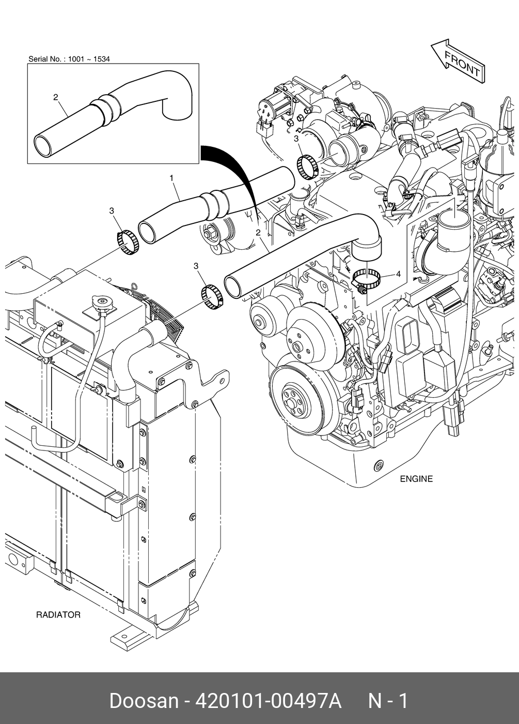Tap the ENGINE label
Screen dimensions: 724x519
(416, 479)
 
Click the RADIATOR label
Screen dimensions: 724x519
(58, 615)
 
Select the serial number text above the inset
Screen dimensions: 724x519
(69, 59)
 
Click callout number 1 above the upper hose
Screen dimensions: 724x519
(171, 178)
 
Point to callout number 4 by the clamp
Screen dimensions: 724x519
(398, 275)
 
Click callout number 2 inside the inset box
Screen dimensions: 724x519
(56, 97)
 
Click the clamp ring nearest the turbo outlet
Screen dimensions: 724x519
(308, 167)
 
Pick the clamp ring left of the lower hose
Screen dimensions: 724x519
(211, 297)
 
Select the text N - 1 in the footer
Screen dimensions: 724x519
(387, 701)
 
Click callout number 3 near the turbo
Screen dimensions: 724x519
(296, 139)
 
